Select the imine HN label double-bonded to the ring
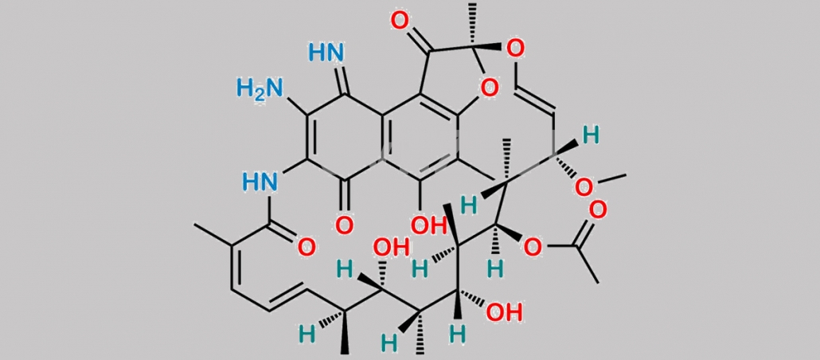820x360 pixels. click(326, 53)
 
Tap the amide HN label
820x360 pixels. click(260, 182)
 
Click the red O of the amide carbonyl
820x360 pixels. click(307, 246)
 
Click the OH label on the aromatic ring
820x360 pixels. click(427, 225)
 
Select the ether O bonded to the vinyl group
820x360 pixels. click(515, 49)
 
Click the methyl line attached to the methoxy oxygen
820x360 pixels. click(611, 178)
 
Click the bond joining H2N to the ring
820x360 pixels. click(296, 108)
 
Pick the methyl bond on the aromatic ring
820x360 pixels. click(477, 168)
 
